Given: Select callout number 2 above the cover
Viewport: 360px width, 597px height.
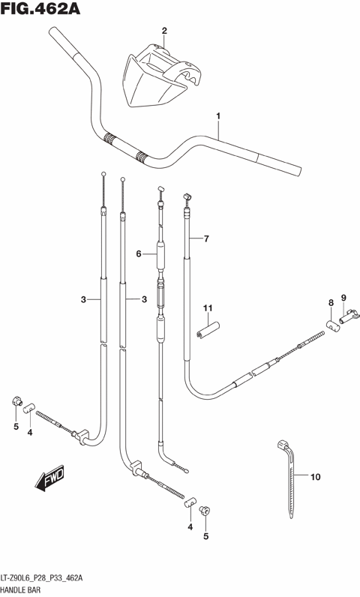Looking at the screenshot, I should pos(163,30).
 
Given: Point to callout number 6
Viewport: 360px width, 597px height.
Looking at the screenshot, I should pos(139,254).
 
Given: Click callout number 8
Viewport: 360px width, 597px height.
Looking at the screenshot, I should pos(329,302).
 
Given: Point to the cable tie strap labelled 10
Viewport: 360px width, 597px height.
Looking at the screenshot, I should pos(287,480).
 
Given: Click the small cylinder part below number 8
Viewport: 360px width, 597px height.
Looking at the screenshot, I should pos(332,324).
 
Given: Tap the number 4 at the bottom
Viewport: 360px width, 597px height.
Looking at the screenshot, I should pos(190,527).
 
